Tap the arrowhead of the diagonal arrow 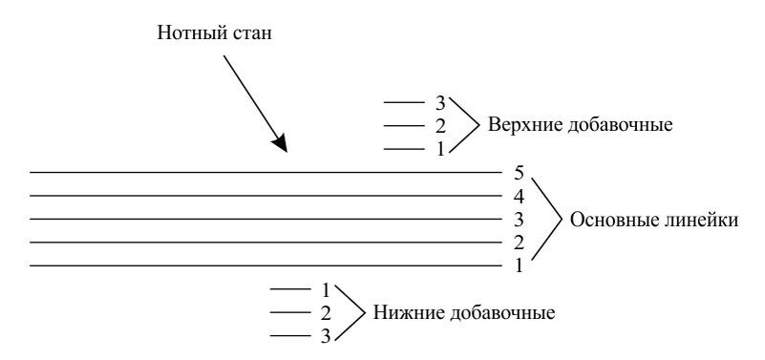279,144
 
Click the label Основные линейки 653,220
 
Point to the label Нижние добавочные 463,312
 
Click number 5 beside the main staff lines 519,173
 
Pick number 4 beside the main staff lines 519,197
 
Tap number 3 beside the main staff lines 519,220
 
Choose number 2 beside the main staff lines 519,244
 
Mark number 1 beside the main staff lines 519,266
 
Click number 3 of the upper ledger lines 440,101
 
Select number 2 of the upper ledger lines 440,125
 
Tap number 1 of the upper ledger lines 440,149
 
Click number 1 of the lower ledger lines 326,288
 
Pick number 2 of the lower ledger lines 326,312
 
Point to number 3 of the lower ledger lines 326,335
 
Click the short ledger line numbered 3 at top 402,102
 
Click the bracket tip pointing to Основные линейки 561,220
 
